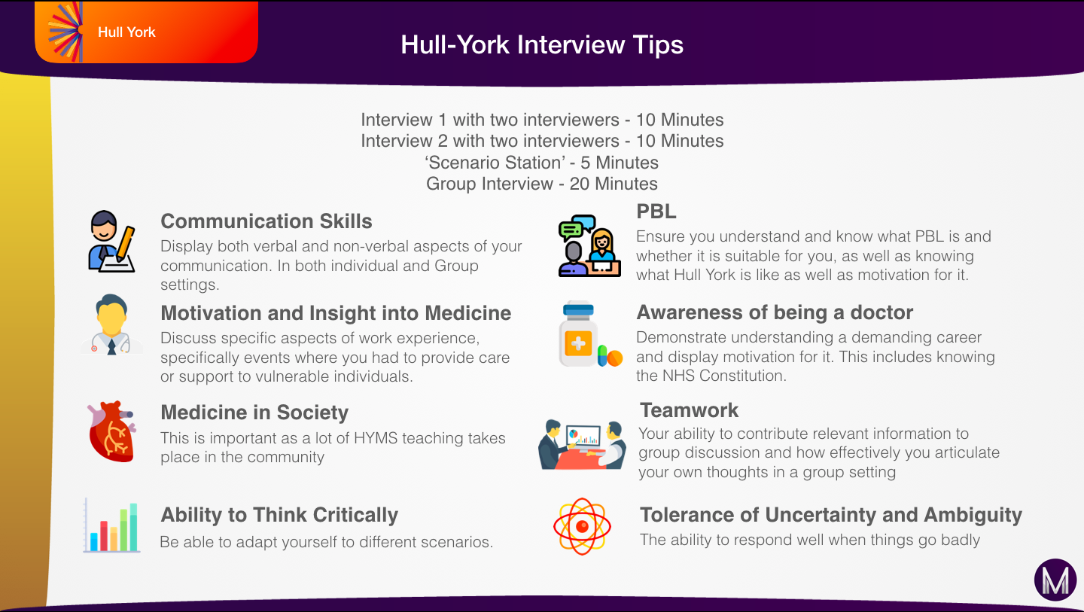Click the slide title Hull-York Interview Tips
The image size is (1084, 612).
pyautogui.click(x=542, y=45)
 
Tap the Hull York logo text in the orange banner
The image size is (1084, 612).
pyautogui.click(x=126, y=32)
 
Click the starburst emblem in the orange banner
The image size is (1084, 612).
pyautogui.click(x=65, y=32)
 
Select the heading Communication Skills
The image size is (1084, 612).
pyautogui.click(x=266, y=221)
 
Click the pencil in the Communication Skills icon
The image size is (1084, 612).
pyautogui.click(x=125, y=244)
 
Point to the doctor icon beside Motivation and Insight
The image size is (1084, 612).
pyautogui.click(x=111, y=324)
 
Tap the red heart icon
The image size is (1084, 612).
pyautogui.click(x=111, y=431)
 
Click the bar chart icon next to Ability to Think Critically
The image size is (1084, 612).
pyautogui.click(x=111, y=525)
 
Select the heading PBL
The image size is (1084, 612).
pyautogui.click(x=656, y=212)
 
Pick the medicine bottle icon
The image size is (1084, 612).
pyautogui.click(x=578, y=333)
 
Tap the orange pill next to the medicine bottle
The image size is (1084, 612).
pyautogui.click(x=614, y=358)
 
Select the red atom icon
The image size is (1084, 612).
pyautogui.click(x=582, y=526)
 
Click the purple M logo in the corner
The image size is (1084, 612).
pyautogui.click(x=1055, y=580)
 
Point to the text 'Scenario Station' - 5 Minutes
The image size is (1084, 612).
pyautogui.click(x=542, y=163)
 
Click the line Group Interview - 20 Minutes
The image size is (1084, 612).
pyautogui.click(x=542, y=184)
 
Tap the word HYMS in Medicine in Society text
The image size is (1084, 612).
pyautogui.click(x=376, y=438)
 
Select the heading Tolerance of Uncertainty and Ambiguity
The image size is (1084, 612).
pyautogui.click(x=831, y=515)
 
